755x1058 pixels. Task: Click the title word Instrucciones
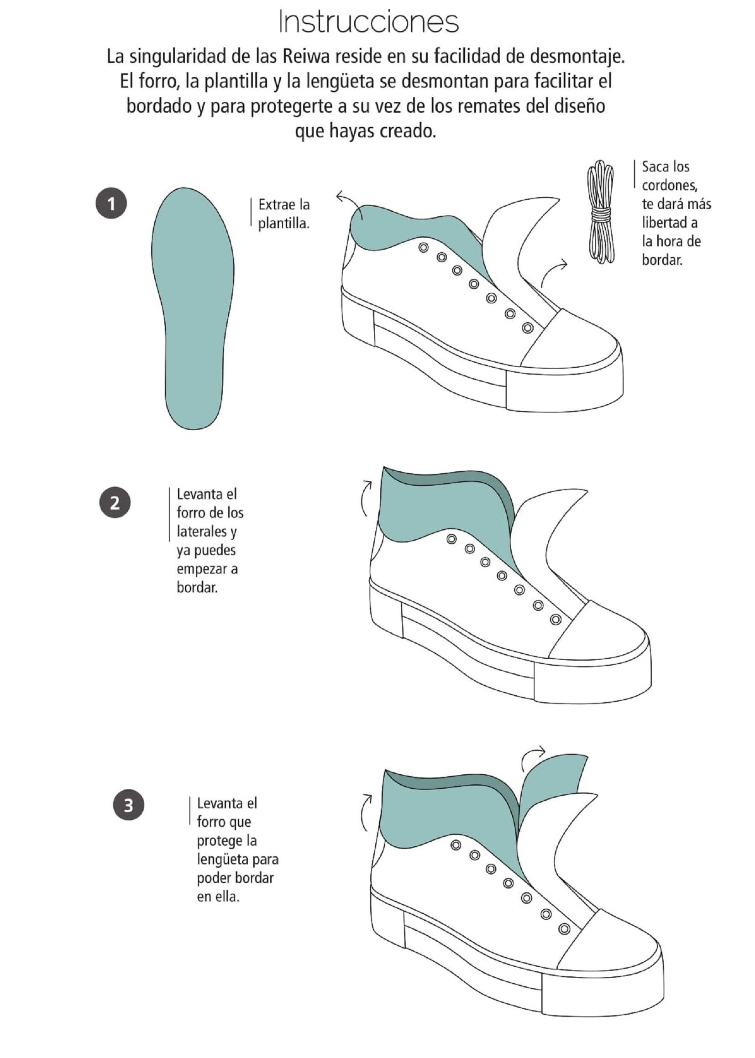coord(369,22)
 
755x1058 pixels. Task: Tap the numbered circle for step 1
coord(111,203)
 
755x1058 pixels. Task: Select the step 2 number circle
coord(115,502)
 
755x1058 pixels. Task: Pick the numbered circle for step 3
coord(128,805)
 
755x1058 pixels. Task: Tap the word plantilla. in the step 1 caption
coord(283,224)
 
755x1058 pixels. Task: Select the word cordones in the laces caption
coord(670,185)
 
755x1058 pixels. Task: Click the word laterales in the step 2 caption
coord(202,532)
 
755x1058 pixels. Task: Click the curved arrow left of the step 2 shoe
coord(367,497)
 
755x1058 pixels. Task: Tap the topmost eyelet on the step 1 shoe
coord(423,247)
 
